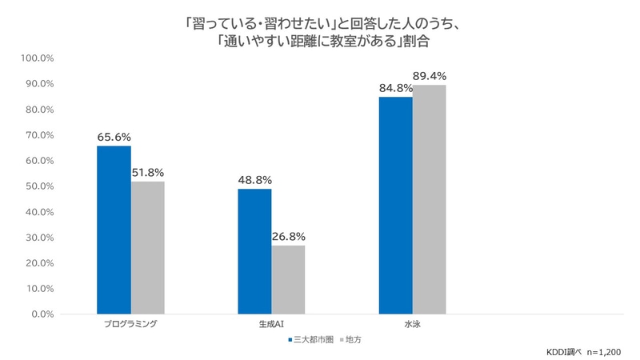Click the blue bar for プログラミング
[114, 230]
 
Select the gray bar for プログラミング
[147, 247]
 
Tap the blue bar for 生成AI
[254, 251]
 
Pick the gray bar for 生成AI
[288, 279]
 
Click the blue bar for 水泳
[396, 205]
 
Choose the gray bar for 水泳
[430, 199]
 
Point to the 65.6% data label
[114, 137]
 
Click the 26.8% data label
[288, 236]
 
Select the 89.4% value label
[430, 76]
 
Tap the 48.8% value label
[254, 180]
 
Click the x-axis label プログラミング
[130, 326]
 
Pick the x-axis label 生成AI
[271, 326]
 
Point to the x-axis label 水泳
[413, 326]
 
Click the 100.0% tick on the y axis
[35, 58]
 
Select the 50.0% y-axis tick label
[37, 186]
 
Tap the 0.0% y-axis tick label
[40, 314]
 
